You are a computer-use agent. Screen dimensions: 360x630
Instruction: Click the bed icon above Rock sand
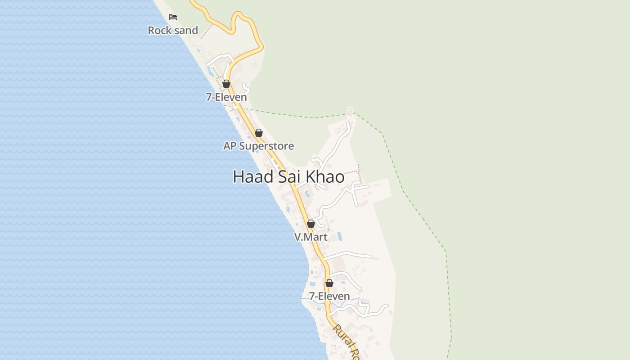point(173,18)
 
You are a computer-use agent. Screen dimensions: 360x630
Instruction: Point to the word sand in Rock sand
point(185,31)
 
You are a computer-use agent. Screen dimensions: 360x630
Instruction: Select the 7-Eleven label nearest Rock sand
point(226,97)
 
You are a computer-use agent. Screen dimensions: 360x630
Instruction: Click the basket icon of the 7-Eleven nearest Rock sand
point(226,84)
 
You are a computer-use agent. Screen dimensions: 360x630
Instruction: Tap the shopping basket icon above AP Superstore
point(259,133)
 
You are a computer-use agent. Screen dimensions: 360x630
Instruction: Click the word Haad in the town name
point(253,177)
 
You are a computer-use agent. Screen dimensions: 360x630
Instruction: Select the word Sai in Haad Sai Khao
point(289,177)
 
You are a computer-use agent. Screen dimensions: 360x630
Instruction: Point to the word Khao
point(325,177)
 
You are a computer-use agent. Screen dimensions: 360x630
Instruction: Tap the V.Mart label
point(311,237)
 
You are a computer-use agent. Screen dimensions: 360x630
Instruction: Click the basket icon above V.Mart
point(311,224)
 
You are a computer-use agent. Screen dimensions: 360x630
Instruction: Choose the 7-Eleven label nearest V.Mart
point(329,296)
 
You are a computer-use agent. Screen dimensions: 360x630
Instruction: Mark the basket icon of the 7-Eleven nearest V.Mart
point(329,283)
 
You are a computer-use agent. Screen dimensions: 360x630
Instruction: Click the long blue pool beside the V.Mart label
point(339,236)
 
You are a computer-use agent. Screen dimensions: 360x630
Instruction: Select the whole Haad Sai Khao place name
point(288,177)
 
